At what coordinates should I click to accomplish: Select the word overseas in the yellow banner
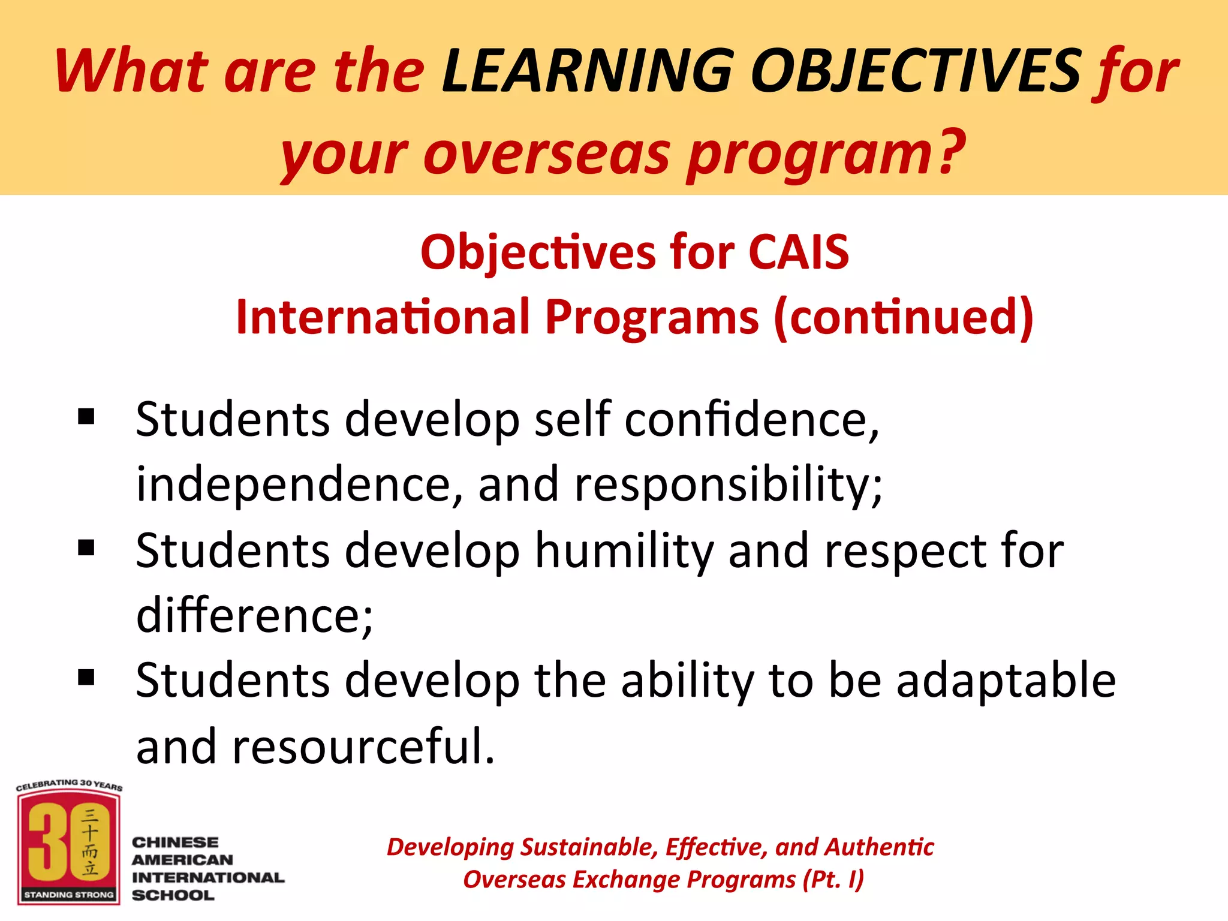(x=546, y=155)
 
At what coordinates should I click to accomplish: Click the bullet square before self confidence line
(x=86, y=416)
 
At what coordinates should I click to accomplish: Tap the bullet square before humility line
(x=86, y=547)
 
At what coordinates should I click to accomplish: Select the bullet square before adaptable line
(x=86, y=678)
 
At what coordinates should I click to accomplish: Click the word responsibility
(x=728, y=484)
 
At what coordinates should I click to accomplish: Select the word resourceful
(x=363, y=747)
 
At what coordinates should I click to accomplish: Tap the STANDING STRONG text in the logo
(x=69, y=895)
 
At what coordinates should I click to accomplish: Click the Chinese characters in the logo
(x=90, y=842)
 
